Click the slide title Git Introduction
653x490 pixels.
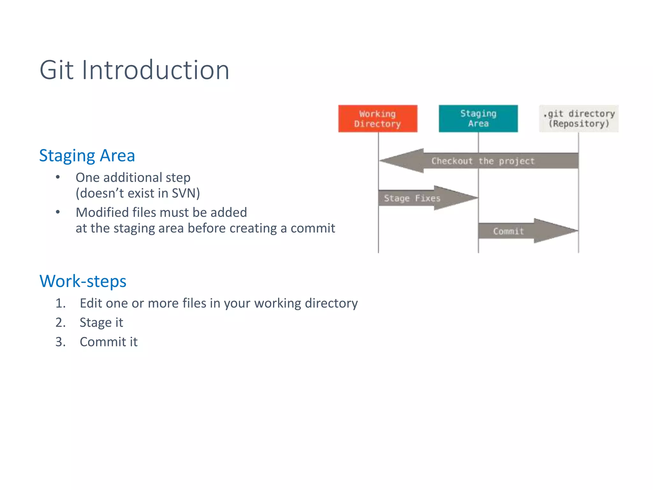[x=134, y=70]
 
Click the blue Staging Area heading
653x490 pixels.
[x=87, y=156]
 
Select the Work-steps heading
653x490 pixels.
[x=83, y=281]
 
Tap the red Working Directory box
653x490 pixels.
[x=378, y=119]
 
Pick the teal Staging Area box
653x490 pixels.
[x=478, y=119]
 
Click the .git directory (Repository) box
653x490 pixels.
[x=579, y=119]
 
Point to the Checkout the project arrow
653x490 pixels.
[x=483, y=161]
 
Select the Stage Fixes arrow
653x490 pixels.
[x=412, y=198]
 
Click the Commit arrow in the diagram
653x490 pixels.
[x=508, y=231]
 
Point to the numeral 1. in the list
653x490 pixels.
[x=61, y=303]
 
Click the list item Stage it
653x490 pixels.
[x=101, y=323]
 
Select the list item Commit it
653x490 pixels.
[x=108, y=342]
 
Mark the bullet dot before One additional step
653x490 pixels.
[x=58, y=177]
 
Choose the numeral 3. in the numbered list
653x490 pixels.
[x=61, y=342]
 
